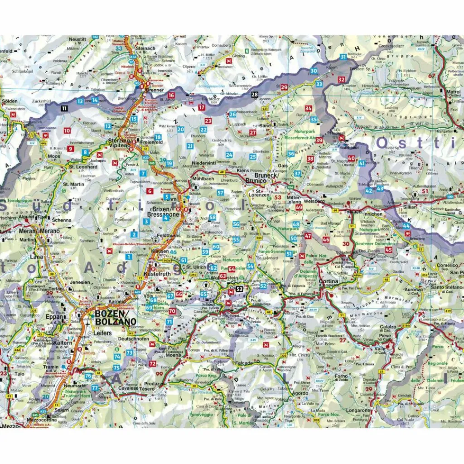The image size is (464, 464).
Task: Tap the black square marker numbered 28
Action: pos(255,94)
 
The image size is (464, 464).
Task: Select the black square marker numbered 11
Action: pos(65,108)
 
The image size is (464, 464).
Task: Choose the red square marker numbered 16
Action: pos(171,96)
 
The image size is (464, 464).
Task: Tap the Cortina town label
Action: pos(328,281)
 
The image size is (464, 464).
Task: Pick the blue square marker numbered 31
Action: pos(343,57)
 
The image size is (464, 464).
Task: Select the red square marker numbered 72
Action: pos(152,364)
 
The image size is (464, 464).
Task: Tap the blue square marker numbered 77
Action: pos(95,388)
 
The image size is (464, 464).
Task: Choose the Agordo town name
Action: pos(300,393)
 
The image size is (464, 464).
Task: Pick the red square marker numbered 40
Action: pos(351,159)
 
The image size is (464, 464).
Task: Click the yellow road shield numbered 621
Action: pos(265,109)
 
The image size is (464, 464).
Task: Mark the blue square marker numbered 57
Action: pos(221,193)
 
